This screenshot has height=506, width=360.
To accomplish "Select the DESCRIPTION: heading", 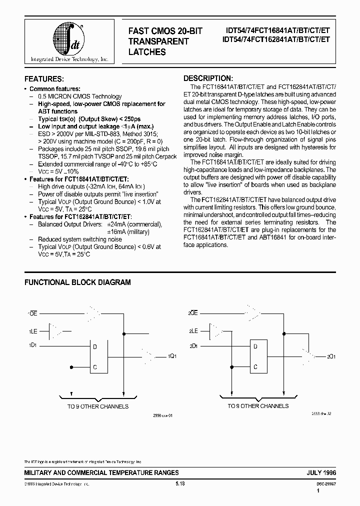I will (x=208, y=78).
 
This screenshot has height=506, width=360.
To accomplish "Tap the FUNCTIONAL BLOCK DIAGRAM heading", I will (x=77, y=282).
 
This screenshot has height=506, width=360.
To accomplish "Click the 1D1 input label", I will (x=32, y=345).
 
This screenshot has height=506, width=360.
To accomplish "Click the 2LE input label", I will (x=192, y=330).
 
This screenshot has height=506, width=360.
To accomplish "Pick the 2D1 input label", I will (x=192, y=345).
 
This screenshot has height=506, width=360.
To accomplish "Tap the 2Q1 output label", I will (x=331, y=357).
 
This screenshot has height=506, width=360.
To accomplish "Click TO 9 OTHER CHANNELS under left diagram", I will (x=98, y=406).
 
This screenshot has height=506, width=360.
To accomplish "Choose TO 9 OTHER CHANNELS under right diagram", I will (x=258, y=406).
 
